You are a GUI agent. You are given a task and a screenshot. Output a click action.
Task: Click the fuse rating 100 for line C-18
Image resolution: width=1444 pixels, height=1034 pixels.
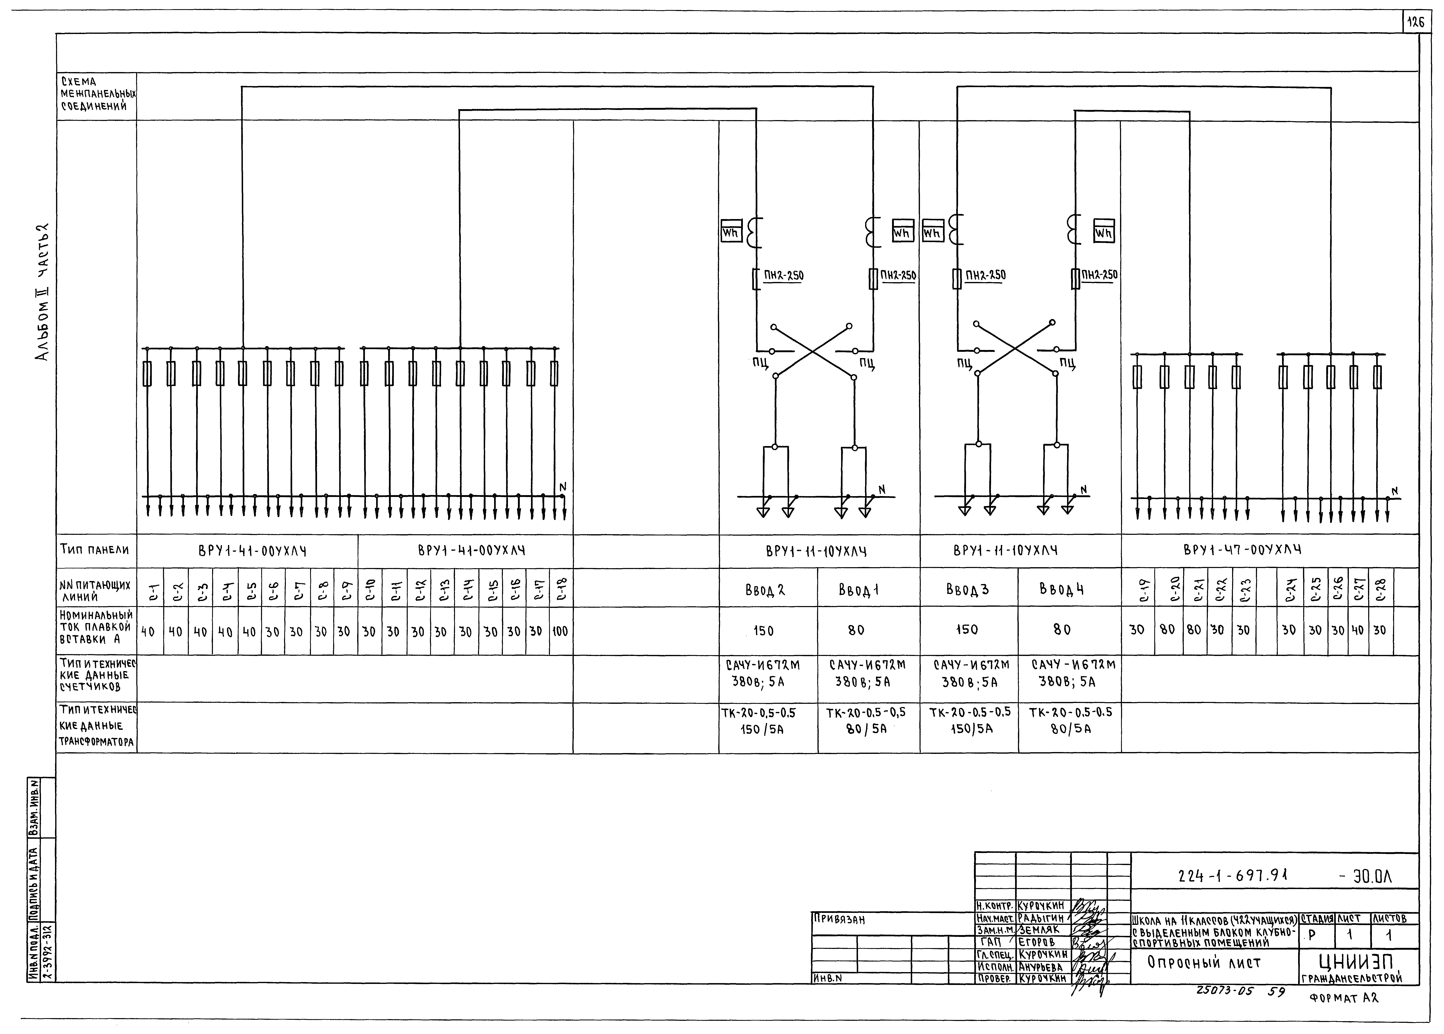coord(560,631)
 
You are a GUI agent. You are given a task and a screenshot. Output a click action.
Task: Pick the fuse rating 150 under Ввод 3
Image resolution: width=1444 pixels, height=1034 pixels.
coord(966,630)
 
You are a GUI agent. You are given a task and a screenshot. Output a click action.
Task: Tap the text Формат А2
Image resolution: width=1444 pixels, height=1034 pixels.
coord(1343,998)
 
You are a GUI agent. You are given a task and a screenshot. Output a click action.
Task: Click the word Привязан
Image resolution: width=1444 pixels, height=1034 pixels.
coord(838,920)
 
